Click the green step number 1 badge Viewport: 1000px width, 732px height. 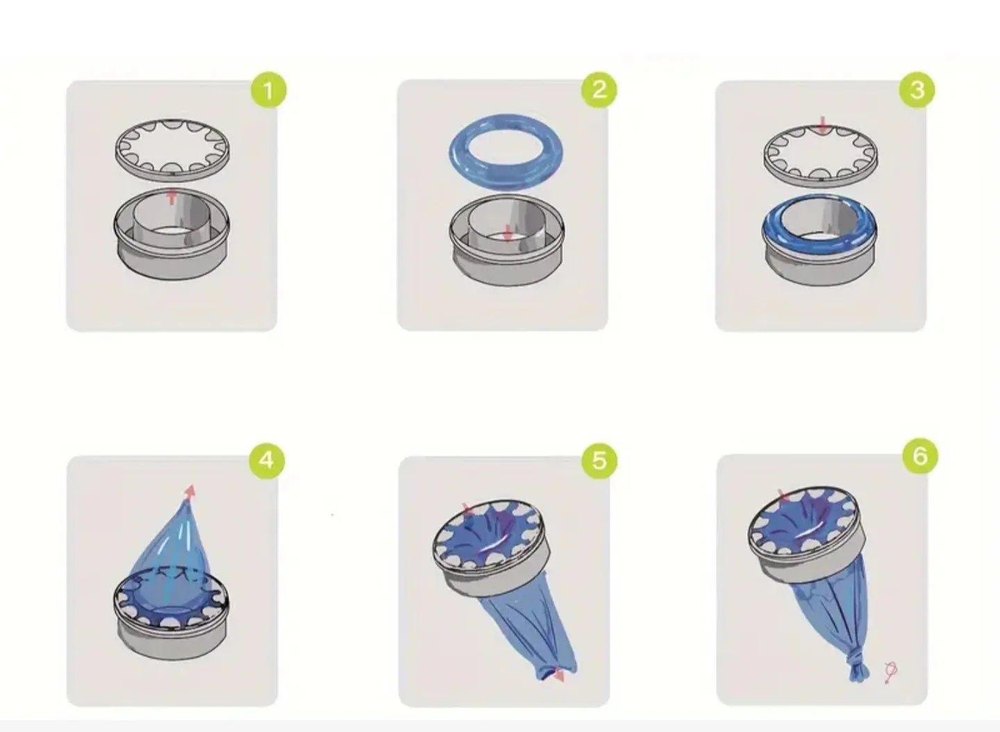click(268, 90)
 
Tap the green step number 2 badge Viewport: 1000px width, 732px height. click(599, 89)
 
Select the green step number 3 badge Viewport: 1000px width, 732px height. click(917, 90)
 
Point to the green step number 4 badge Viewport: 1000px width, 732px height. click(267, 460)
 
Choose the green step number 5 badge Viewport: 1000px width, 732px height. click(599, 460)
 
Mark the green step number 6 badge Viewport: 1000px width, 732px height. click(919, 456)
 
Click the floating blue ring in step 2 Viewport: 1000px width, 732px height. click(506, 153)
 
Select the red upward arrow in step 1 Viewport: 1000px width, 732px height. click(172, 196)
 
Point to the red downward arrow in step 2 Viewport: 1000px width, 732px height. click(508, 232)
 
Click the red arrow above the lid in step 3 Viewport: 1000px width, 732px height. click(824, 126)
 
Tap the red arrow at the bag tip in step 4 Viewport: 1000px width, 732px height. click(190, 491)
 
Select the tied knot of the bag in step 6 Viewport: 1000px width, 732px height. click(858, 667)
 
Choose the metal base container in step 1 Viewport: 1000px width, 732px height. click(171, 240)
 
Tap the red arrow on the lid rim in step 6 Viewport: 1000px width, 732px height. click(784, 496)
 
